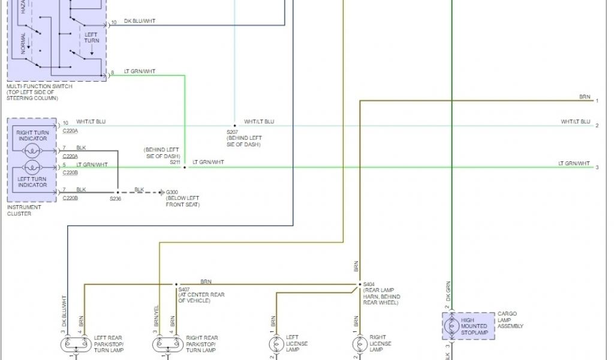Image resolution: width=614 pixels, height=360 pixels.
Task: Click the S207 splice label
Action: pos(232,132)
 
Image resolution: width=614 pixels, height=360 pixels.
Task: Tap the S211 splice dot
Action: pos(185,167)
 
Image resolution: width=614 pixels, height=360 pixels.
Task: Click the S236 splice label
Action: pos(116,199)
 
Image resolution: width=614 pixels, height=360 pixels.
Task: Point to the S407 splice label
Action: pos(183,289)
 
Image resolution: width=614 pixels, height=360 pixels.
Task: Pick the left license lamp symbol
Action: pos(275,344)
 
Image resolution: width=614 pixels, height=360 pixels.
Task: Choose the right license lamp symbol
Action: pos(359,344)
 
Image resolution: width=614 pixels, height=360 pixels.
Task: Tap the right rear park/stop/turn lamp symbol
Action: pos(167,344)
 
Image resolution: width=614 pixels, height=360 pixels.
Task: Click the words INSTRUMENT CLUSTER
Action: pos(23,210)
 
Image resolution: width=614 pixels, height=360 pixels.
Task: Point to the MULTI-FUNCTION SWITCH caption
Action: pos(40,86)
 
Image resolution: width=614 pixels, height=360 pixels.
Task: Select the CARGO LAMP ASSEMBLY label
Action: pos(510,320)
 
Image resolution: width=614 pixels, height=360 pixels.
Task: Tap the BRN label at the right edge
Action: pos(584,97)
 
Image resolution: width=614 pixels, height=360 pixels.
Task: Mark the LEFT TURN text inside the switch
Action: pos(91,38)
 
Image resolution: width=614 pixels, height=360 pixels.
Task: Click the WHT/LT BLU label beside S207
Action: pos(259,122)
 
